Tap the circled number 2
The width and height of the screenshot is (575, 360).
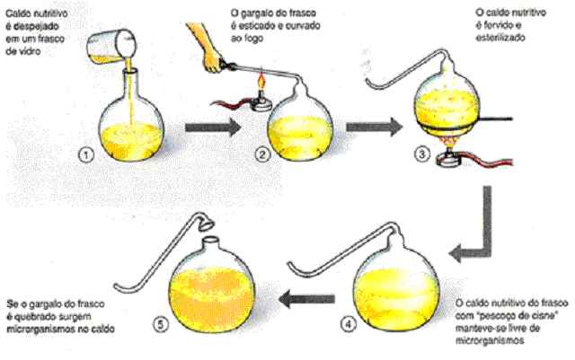[x=262, y=154]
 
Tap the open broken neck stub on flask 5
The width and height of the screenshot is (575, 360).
[x=209, y=242]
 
